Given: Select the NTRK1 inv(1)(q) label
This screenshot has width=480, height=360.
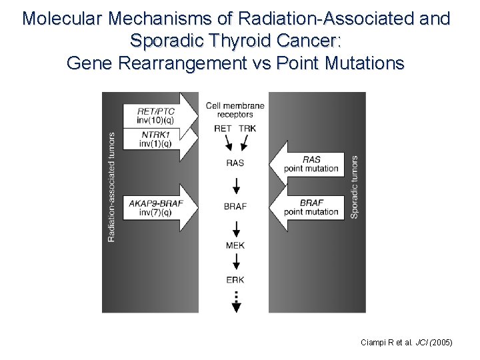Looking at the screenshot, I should click(155, 139).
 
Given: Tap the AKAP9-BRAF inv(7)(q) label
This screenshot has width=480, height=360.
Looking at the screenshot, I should click(155, 207).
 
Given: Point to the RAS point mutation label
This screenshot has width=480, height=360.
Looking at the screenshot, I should click(311, 164).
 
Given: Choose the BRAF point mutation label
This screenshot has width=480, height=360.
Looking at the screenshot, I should click(311, 207).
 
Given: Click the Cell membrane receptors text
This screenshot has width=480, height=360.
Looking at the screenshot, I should click(235, 110).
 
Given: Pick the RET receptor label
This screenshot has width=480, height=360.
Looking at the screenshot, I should click(223, 129).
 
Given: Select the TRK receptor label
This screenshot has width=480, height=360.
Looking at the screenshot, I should click(247, 129).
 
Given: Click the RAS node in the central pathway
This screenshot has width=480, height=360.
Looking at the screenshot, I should click(235, 163).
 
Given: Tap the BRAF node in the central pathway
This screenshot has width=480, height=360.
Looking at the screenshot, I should click(235, 207).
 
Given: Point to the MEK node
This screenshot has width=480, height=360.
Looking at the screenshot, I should click(235, 245).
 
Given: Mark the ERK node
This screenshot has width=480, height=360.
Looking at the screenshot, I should click(235, 280).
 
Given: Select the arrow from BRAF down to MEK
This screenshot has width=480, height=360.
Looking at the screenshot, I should click(235, 227).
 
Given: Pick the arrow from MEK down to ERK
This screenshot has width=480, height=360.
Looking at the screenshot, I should click(235, 263).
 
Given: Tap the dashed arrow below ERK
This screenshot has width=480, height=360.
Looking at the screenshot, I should click(235, 301).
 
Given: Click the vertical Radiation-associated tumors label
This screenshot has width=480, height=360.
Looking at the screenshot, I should click(111, 187).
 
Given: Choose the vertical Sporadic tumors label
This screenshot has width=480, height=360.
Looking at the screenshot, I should click(354, 187).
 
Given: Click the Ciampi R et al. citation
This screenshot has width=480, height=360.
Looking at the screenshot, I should click(406, 342).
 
